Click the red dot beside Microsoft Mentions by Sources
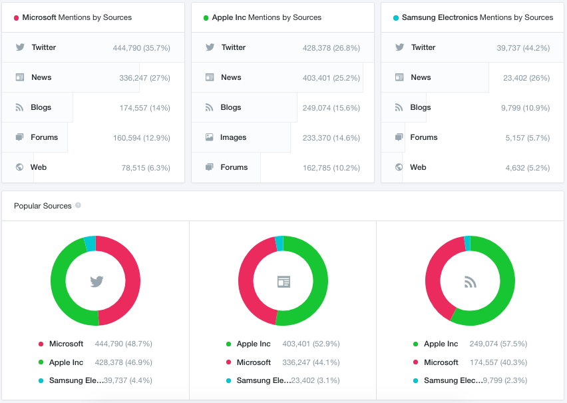(16, 18)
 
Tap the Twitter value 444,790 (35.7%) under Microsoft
(141, 48)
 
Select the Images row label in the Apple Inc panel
(233, 137)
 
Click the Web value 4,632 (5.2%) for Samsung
(528, 168)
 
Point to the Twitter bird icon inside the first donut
(96, 281)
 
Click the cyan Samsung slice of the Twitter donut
(90, 243)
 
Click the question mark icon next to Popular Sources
(78, 205)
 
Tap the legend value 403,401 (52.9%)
(311, 344)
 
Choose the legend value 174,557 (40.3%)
(498, 362)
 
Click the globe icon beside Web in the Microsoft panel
(19, 167)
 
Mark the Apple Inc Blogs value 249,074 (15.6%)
(331, 108)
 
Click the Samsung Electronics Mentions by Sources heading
(477, 17)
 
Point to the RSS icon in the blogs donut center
(470, 282)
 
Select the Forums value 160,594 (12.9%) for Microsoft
(142, 138)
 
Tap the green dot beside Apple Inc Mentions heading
(206, 18)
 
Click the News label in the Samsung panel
(421, 77)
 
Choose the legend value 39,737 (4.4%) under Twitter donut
(128, 380)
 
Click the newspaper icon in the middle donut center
(283, 281)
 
